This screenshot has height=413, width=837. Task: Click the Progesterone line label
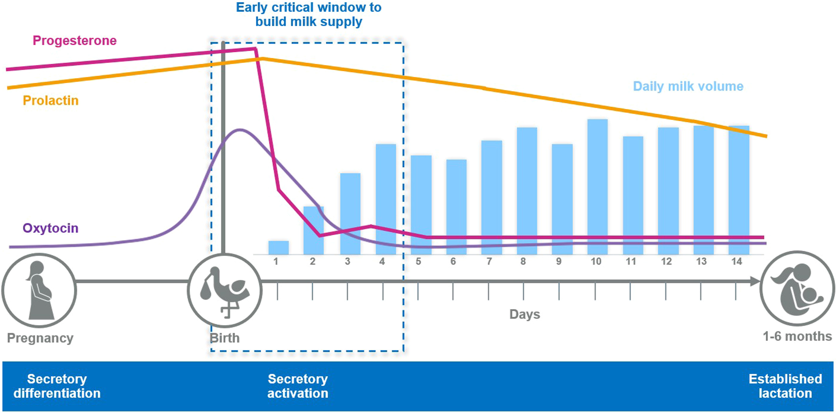74,41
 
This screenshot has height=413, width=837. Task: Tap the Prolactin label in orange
51,101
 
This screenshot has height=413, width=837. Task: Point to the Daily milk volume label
688,86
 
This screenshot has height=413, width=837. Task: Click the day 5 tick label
418,261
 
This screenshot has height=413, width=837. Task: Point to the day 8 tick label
523,261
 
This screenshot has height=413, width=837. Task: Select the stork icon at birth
225,290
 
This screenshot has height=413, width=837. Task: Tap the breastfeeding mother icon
797,288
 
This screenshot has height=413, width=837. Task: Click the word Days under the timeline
524,314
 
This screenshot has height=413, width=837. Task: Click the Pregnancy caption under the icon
40,338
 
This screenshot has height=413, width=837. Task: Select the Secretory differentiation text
57,386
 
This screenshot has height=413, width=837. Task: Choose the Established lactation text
785,386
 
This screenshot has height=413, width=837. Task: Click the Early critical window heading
308,15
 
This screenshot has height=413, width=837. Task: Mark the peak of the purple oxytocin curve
239,130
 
